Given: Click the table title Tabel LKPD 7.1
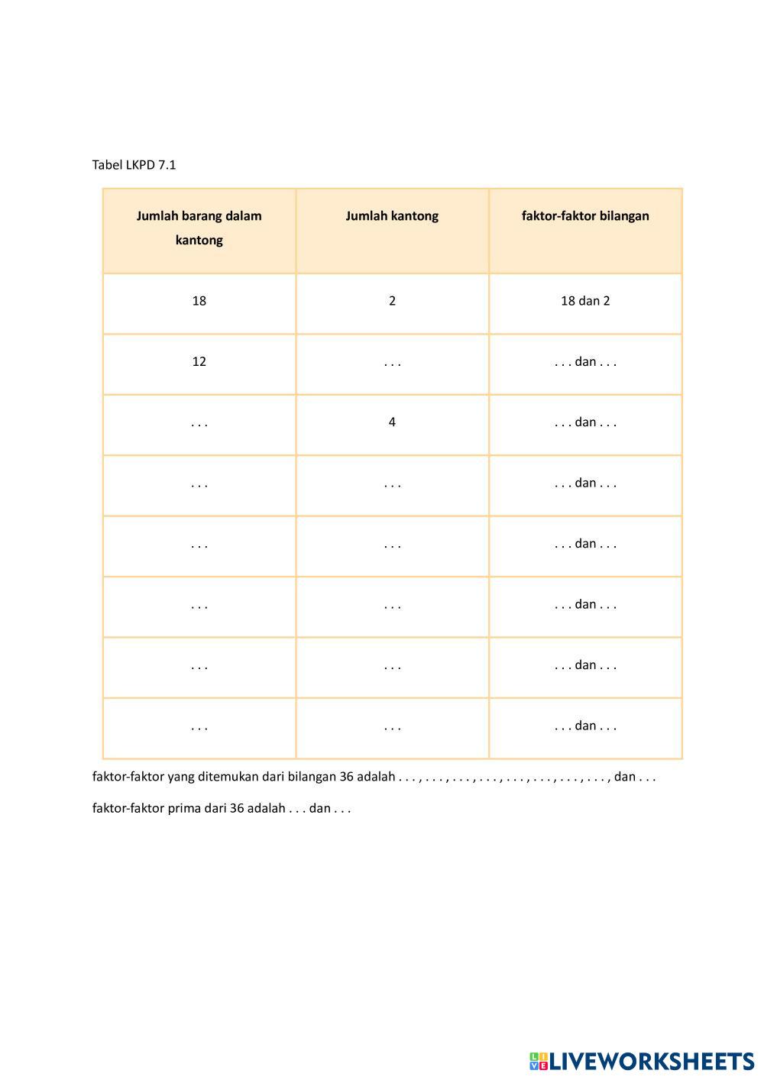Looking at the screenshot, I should point(134,165).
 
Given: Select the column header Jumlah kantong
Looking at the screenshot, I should point(392,216).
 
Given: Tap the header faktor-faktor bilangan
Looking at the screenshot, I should point(585,216).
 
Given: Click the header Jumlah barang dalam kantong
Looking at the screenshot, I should point(199,228).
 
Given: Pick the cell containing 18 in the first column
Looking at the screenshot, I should point(199,301).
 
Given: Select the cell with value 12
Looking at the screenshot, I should point(199,362).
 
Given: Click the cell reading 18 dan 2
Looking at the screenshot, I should point(585,301).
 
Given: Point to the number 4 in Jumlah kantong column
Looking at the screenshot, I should point(392,422).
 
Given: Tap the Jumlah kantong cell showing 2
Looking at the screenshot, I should point(392,301).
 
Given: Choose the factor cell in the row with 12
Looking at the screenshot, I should point(585,362).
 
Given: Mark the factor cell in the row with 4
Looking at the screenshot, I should point(585,422).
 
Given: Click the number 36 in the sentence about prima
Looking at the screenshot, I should point(237,808).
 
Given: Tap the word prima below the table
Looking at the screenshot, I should point(184,808).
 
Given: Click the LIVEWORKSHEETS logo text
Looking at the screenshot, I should point(652,1061).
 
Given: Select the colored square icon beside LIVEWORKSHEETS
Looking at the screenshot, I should point(539,1061).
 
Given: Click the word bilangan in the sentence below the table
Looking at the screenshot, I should point(312,777).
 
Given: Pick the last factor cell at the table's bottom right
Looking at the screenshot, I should point(585,726).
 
